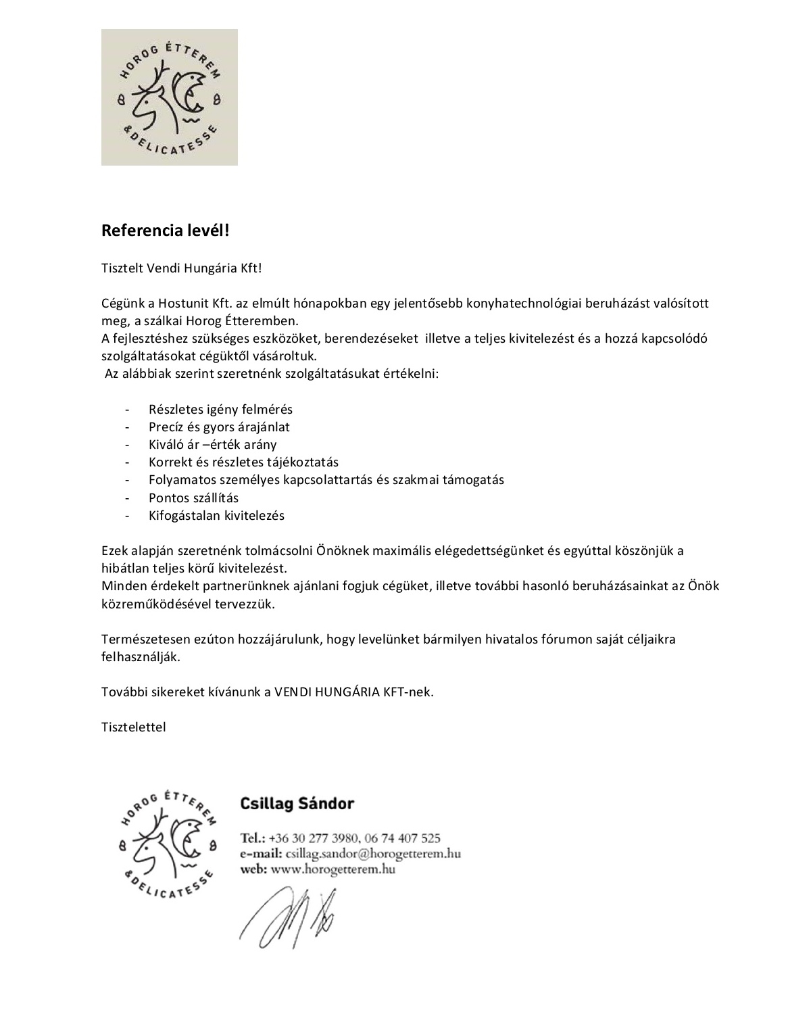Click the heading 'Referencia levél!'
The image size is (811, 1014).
click(x=166, y=231)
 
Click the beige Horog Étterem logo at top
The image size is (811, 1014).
click(x=170, y=97)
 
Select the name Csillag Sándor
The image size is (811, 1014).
click(x=297, y=804)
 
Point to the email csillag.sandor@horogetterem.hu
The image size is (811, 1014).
click(x=373, y=854)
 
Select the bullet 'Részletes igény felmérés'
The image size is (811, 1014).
click(x=220, y=410)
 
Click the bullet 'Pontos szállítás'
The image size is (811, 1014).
click(x=193, y=498)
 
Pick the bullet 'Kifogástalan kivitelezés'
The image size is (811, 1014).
click(x=216, y=516)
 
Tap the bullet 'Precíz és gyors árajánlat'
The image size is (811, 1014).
click(x=219, y=427)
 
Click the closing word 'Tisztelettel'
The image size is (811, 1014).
click(x=133, y=727)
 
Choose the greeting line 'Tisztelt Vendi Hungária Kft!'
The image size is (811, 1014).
click(x=181, y=268)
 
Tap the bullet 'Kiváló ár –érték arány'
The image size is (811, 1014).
click(x=212, y=445)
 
